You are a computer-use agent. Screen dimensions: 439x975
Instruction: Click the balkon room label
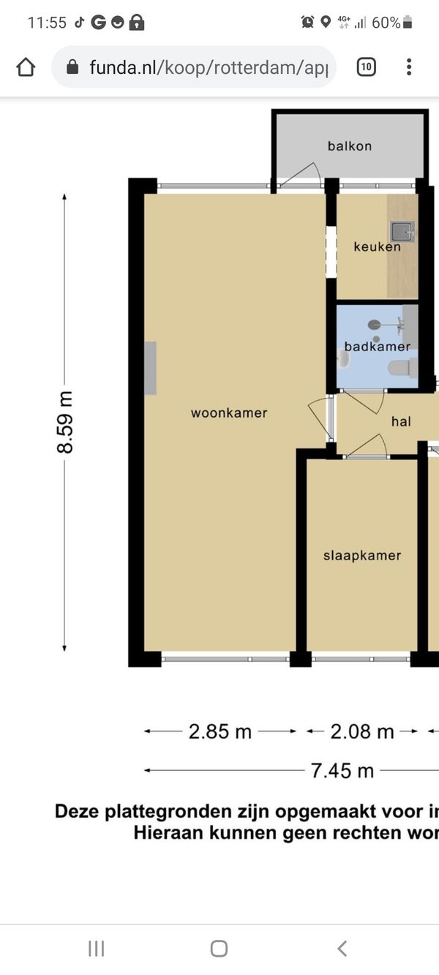tap(350, 146)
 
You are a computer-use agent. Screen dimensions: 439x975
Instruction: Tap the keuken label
tap(377, 246)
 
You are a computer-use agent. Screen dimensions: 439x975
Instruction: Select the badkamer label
tap(377, 347)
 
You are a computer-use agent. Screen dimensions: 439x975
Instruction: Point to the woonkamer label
tap(229, 413)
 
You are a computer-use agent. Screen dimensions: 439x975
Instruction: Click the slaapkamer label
tap(362, 555)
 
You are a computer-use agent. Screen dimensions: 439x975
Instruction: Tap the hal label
tap(401, 421)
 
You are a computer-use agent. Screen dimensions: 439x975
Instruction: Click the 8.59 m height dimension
tap(65, 422)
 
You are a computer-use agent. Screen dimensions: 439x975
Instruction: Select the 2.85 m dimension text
tap(220, 731)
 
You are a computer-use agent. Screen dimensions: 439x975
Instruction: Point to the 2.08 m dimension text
tap(362, 731)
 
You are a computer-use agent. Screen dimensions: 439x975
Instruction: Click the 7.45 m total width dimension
tap(342, 771)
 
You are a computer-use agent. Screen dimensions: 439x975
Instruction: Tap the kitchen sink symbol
tap(402, 232)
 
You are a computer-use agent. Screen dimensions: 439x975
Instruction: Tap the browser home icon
tap(26, 67)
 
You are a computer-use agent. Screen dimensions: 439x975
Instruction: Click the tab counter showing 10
tap(367, 67)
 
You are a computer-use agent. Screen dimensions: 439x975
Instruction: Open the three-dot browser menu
tap(408, 67)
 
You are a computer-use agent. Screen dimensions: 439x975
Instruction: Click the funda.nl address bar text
tap(209, 68)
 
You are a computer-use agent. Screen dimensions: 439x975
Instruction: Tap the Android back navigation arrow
tap(342, 948)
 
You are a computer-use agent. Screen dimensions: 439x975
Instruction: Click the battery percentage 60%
tap(386, 23)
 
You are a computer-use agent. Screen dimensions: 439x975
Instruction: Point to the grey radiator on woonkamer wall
tap(150, 368)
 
